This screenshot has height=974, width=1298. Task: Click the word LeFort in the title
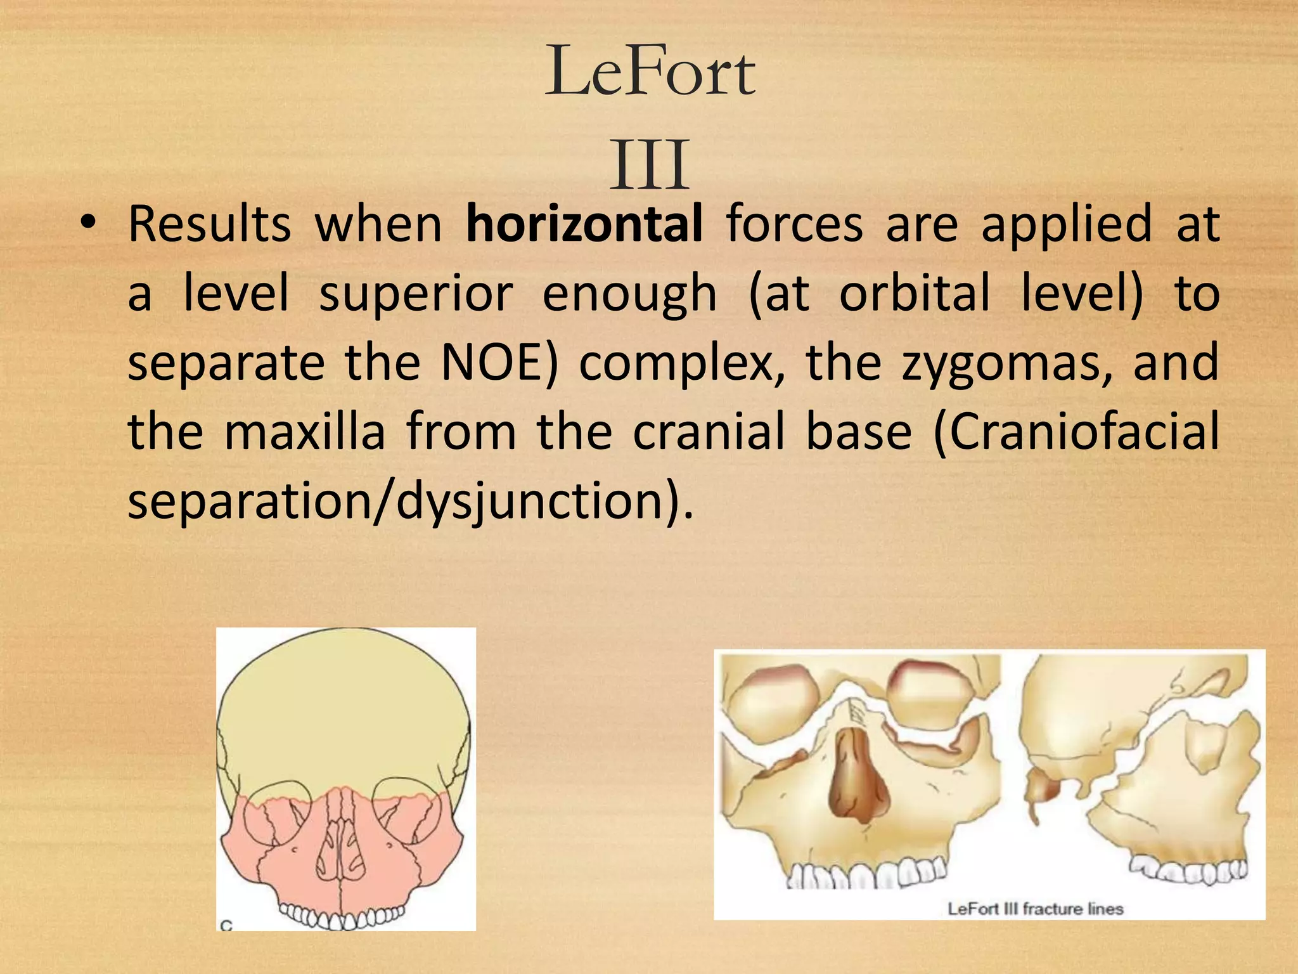pos(650,72)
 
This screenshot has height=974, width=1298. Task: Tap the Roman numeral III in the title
pos(649,166)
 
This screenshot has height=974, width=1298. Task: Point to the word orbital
pos(915,294)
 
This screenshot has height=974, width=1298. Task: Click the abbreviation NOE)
pos(499,363)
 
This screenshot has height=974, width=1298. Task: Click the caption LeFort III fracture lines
pos(1035,909)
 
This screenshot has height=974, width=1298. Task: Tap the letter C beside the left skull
pos(226,925)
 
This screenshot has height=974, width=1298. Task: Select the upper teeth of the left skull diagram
pos(342,916)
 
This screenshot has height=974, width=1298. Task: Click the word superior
pos(415,294)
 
